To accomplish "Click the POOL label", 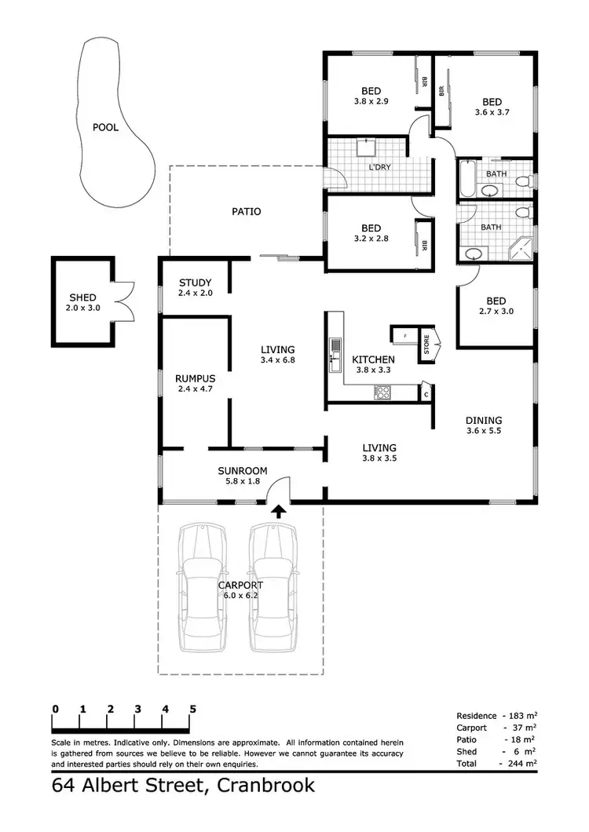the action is [106, 127].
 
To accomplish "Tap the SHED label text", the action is [82, 297].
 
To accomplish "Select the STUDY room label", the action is [195, 283].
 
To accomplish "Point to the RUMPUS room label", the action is [195, 378].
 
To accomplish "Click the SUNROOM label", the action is [243, 471].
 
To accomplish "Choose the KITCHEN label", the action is [373, 359].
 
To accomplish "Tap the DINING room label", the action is [483, 421].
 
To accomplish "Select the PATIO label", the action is [246, 211].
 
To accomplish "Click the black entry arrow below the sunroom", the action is [278, 511].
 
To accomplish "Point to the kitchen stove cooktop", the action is [384, 392].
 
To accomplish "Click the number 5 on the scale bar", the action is [192, 710].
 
